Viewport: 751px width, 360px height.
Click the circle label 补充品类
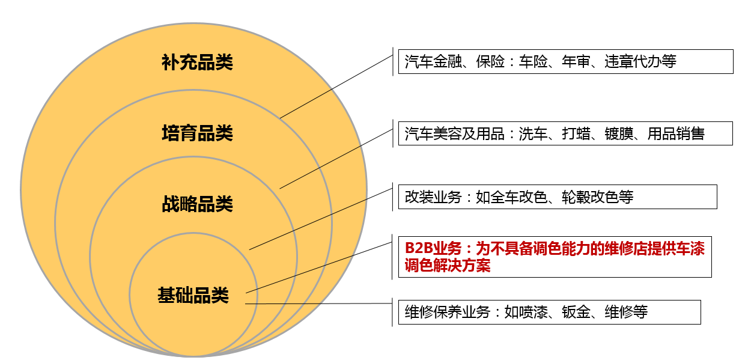pyautogui.click(x=197, y=63)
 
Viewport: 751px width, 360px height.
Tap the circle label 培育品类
pyautogui.click(x=197, y=133)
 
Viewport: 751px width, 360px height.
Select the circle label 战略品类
pyautogui.click(x=197, y=204)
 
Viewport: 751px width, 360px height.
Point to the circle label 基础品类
pyautogui.click(x=193, y=296)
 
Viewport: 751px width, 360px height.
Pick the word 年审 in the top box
pyautogui.click(x=576, y=62)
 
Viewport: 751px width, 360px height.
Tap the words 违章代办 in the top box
pyautogui.click(x=633, y=62)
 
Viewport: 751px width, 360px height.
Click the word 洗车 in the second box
pyautogui.click(x=533, y=133)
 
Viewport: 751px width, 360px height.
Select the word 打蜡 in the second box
pyautogui.click(x=576, y=133)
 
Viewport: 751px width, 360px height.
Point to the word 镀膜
pyautogui.click(x=619, y=133)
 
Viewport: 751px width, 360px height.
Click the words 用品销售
pyautogui.click(x=676, y=133)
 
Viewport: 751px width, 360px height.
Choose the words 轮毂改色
pyautogui.click(x=590, y=197)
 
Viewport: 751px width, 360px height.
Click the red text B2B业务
pyautogui.click(x=433, y=249)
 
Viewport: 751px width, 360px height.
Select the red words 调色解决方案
pyautogui.click(x=448, y=266)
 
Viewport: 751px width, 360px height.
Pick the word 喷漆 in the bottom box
pyautogui.click(x=533, y=312)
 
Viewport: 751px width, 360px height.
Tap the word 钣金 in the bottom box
pyautogui.click(x=576, y=312)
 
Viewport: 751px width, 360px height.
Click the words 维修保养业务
pyautogui.click(x=447, y=312)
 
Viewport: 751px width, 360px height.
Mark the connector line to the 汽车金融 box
pyautogui.click(x=336, y=87)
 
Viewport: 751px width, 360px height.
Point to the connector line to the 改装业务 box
pyautogui.click(x=321, y=219)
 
